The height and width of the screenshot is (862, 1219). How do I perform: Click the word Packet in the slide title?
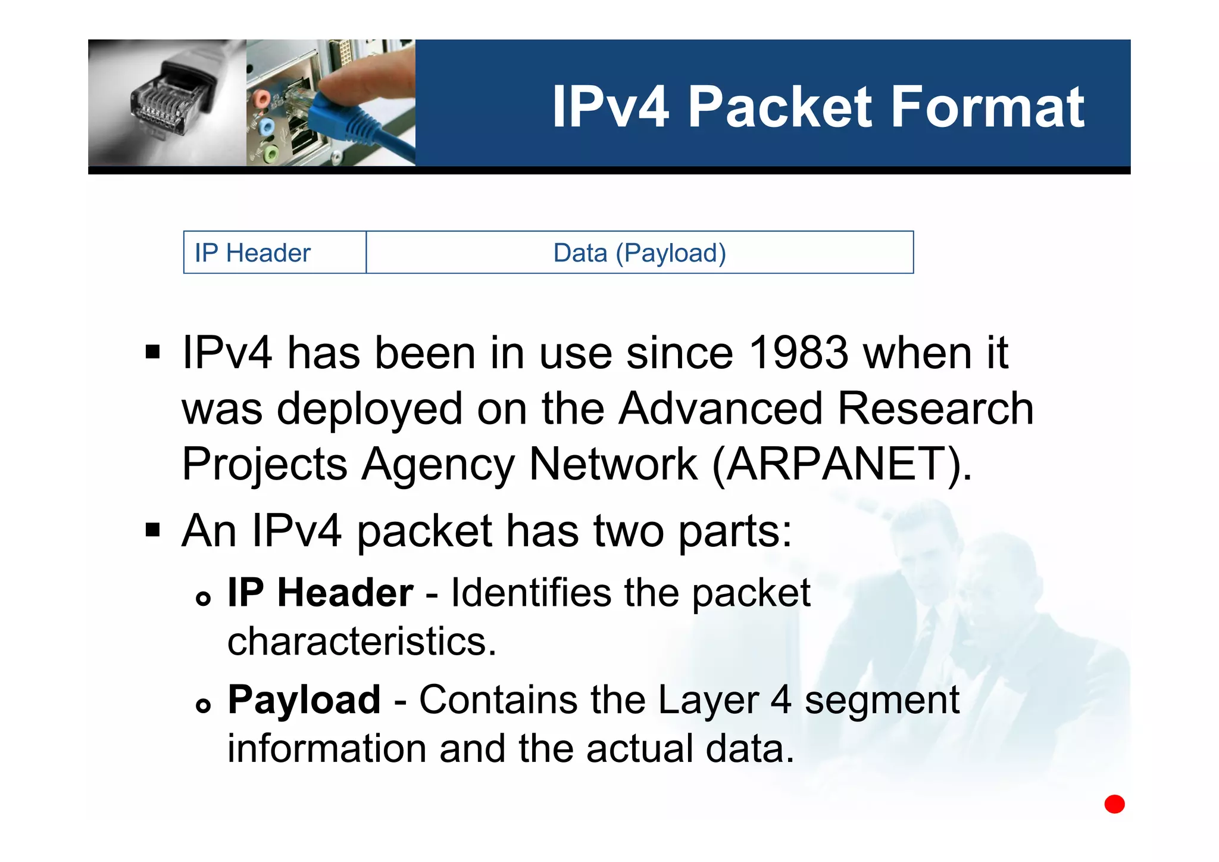780,107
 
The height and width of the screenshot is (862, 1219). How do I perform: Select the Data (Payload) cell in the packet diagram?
639,253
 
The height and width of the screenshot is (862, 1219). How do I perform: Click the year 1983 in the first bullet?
798,353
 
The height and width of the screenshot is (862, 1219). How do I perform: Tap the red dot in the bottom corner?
1114,804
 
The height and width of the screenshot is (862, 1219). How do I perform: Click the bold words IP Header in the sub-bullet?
320,593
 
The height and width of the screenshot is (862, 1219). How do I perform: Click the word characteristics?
361,642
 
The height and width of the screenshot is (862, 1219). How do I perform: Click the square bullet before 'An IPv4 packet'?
153,530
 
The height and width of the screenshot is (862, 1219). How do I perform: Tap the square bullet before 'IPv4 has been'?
153,352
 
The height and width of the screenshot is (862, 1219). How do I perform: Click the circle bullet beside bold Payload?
204,705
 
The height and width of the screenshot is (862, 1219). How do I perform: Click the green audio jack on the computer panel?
270,155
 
